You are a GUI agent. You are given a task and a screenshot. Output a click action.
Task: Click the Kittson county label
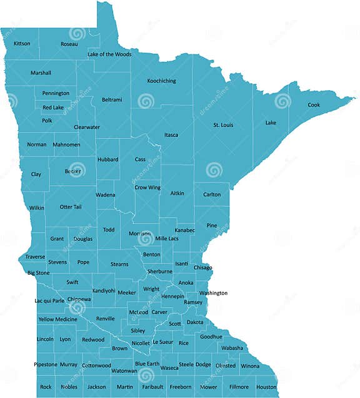tap(22, 43)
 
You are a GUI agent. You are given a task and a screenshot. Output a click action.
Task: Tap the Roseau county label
tap(69, 44)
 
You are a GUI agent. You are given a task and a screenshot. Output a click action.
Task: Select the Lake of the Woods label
tap(109, 54)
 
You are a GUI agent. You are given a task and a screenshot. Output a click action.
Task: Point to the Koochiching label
tap(161, 81)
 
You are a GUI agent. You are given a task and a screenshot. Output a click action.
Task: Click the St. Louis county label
tap(223, 125)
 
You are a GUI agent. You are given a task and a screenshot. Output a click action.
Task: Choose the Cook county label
tap(314, 105)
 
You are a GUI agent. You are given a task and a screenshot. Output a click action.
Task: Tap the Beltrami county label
tap(112, 99)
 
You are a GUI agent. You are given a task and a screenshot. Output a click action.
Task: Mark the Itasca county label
tap(171, 135)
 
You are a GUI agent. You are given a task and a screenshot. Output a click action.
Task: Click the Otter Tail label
tap(71, 207)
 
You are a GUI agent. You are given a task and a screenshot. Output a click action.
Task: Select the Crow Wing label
tap(147, 187)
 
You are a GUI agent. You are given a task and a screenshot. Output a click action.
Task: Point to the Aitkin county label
tap(177, 193)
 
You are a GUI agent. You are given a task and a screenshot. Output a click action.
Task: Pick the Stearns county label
tap(119, 264)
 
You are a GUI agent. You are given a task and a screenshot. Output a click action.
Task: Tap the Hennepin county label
tap(172, 296)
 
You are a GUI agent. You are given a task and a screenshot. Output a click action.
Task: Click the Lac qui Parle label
tap(49, 300)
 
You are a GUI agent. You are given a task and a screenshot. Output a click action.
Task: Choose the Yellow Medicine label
tap(57, 319)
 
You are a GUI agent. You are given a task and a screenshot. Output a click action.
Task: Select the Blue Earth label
tap(147, 364)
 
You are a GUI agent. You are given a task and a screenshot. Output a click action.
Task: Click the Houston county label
tap(266, 387)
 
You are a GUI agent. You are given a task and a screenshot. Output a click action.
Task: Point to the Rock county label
tap(46, 387)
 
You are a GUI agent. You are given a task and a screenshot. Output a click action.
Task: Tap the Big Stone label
tap(38, 273)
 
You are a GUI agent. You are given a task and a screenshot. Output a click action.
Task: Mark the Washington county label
tap(213, 293)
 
